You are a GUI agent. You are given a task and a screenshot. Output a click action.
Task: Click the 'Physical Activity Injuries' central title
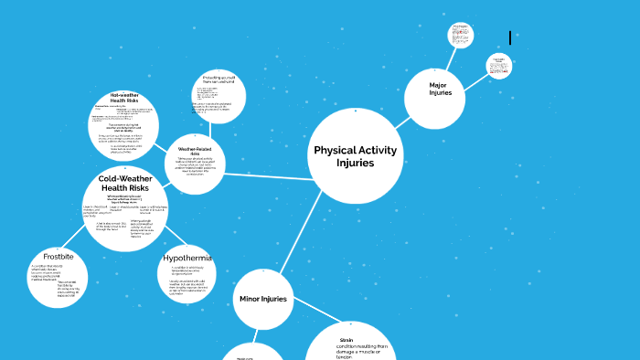coord(355,156)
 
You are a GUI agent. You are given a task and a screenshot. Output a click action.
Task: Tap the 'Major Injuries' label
coord(441,89)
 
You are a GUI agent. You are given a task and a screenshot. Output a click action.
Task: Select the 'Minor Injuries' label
coord(263,299)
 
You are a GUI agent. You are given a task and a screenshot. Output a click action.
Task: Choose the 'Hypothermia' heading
coord(187,258)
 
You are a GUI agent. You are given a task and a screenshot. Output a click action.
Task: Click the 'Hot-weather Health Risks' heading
coord(124,98)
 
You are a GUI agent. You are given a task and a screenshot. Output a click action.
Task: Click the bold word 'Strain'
coord(346,340)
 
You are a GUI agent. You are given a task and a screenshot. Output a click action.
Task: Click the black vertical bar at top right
coord(510,37)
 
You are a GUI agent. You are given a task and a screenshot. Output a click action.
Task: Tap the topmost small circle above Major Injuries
coord(461,36)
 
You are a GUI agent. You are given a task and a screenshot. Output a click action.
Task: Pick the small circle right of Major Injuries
coord(499,66)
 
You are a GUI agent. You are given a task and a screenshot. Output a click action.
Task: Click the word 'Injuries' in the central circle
coord(355,164)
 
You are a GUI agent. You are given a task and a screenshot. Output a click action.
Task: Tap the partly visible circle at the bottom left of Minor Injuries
coord(251,354)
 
